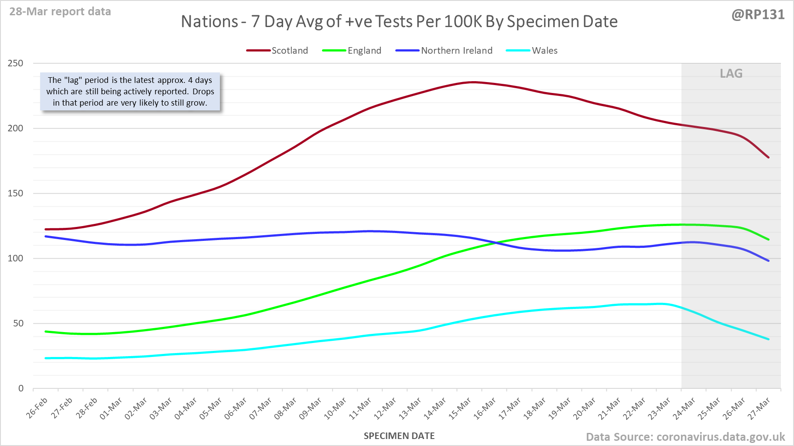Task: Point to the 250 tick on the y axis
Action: tap(15, 63)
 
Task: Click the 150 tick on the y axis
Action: tap(15, 193)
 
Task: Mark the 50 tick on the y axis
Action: tap(18, 323)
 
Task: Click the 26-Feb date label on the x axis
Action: tap(38, 408)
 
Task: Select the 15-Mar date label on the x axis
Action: tap(460, 408)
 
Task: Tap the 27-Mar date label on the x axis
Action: tap(760, 408)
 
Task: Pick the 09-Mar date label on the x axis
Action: tap(311, 408)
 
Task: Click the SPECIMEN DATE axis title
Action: tap(399, 436)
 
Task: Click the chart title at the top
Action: tap(399, 21)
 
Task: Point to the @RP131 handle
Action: tap(758, 14)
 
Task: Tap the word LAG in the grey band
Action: tap(731, 73)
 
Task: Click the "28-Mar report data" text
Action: tap(60, 11)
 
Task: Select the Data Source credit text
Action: tap(685, 437)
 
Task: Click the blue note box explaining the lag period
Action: tap(130, 92)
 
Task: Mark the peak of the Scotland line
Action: tap(473, 82)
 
